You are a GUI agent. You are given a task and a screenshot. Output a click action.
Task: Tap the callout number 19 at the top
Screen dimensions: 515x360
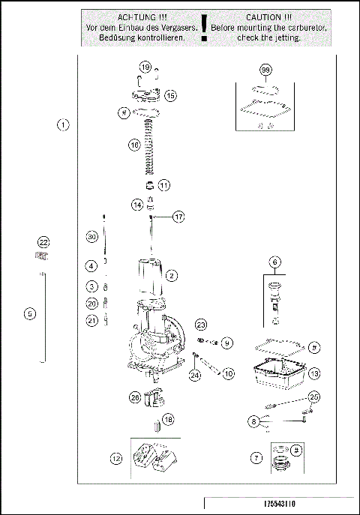(x=145, y=67)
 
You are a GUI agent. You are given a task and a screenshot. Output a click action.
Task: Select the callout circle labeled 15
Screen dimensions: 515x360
(x=170, y=95)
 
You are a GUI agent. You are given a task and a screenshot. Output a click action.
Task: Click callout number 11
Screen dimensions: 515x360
(x=163, y=184)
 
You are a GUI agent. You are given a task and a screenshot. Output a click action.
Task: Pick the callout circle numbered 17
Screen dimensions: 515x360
(x=178, y=217)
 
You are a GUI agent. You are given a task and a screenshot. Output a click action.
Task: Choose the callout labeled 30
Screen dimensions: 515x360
(x=91, y=237)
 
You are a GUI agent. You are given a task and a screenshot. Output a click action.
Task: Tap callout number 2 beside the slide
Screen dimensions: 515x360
(x=172, y=276)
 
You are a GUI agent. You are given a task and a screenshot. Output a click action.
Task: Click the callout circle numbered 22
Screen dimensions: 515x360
(x=43, y=242)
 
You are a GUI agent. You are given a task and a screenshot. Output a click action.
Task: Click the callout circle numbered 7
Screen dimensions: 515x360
(x=257, y=457)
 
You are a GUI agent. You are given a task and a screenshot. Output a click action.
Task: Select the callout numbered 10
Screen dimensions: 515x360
(x=228, y=373)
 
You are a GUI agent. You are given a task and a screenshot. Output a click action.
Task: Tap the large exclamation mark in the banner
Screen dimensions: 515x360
(x=204, y=25)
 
